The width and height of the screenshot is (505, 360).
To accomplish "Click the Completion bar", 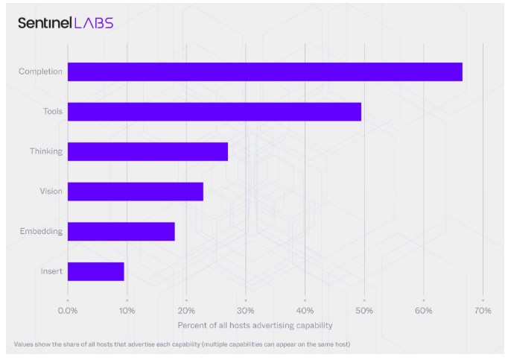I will (264, 72).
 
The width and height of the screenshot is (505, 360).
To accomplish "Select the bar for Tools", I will (215, 112).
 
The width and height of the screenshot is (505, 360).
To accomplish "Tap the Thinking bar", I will (147, 151).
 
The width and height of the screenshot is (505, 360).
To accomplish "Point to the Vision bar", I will (135, 192).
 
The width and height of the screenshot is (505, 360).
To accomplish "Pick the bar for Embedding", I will (121, 231).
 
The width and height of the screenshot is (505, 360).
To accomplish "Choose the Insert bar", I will (95, 271).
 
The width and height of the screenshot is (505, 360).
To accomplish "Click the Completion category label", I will (40, 72).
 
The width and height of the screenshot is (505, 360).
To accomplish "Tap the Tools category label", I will (52, 112).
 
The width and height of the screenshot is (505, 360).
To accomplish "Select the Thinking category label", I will (45, 151).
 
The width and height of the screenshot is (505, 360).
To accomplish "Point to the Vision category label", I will (51, 192).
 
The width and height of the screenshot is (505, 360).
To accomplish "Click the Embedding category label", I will (41, 231).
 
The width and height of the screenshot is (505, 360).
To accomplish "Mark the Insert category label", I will (51, 271).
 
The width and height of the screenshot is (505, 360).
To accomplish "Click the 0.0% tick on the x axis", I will (68, 310).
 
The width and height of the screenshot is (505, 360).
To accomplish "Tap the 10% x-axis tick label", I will (127, 310).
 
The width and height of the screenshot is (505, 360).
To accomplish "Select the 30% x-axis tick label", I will (246, 310).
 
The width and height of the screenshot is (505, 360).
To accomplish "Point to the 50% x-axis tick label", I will (364, 310).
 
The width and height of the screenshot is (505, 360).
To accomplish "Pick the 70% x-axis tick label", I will (483, 310).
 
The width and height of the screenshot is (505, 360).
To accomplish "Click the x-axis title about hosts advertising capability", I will (255, 326).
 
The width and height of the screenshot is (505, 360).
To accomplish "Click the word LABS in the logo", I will (94, 23).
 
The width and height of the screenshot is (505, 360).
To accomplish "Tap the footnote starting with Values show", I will (182, 344).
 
